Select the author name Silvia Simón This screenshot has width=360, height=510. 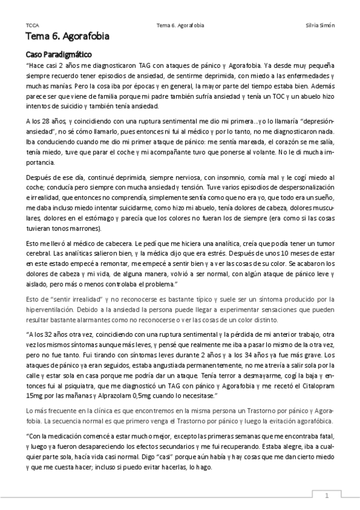[x=320, y=26]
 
